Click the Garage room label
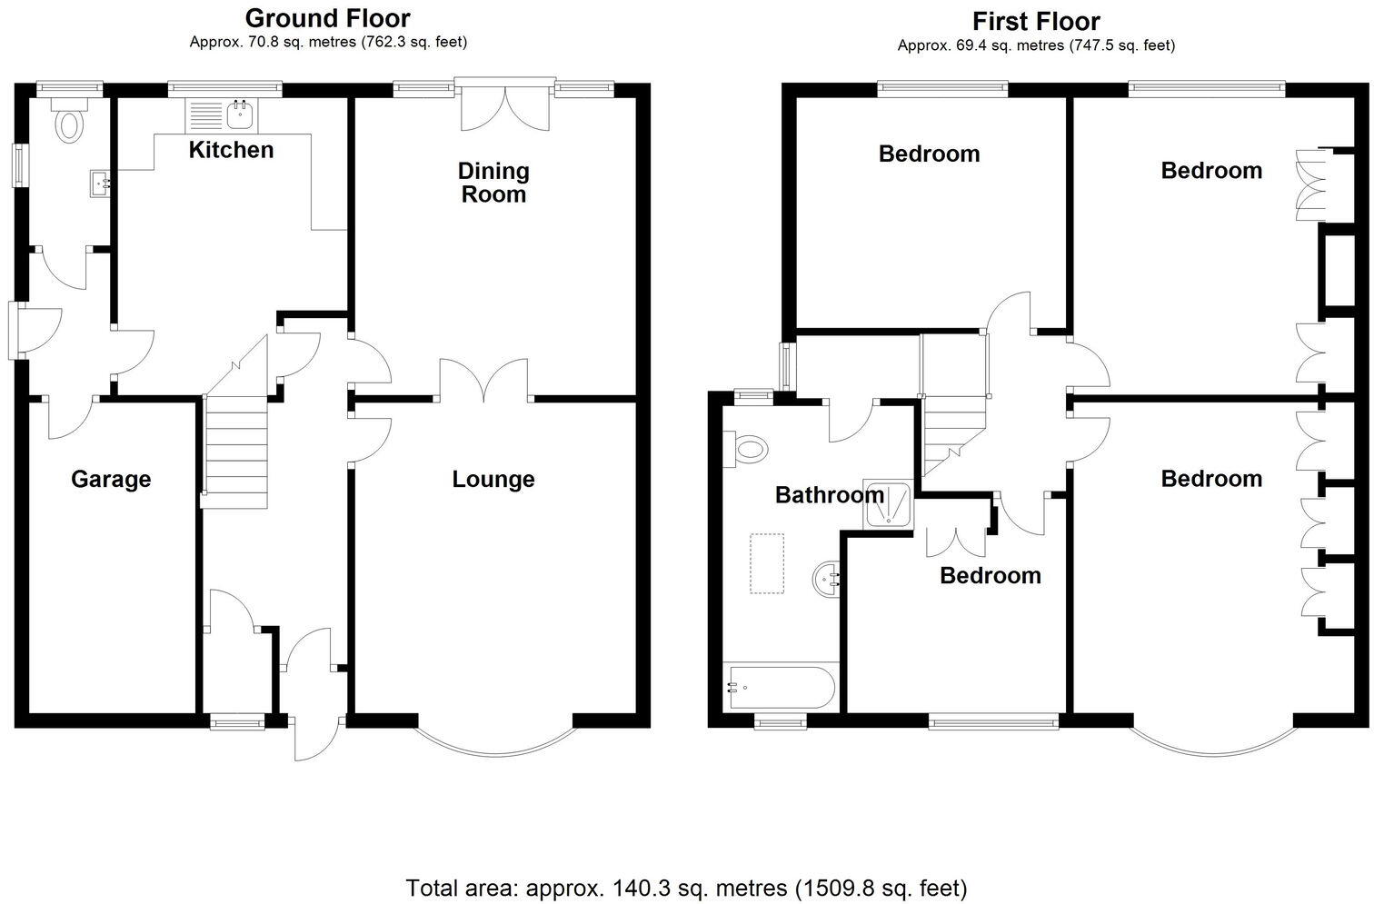tap(111, 479)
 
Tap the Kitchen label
tap(231, 150)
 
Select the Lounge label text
tap(493, 479)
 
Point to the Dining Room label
tap(493, 183)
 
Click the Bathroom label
tap(829, 495)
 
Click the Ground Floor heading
tap(327, 18)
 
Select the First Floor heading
tap(1036, 21)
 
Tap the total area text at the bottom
tap(686, 887)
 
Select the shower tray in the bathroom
tap(887, 504)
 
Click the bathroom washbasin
tap(826, 579)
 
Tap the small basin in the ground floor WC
tap(99, 184)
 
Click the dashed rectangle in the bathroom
tap(766, 563)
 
